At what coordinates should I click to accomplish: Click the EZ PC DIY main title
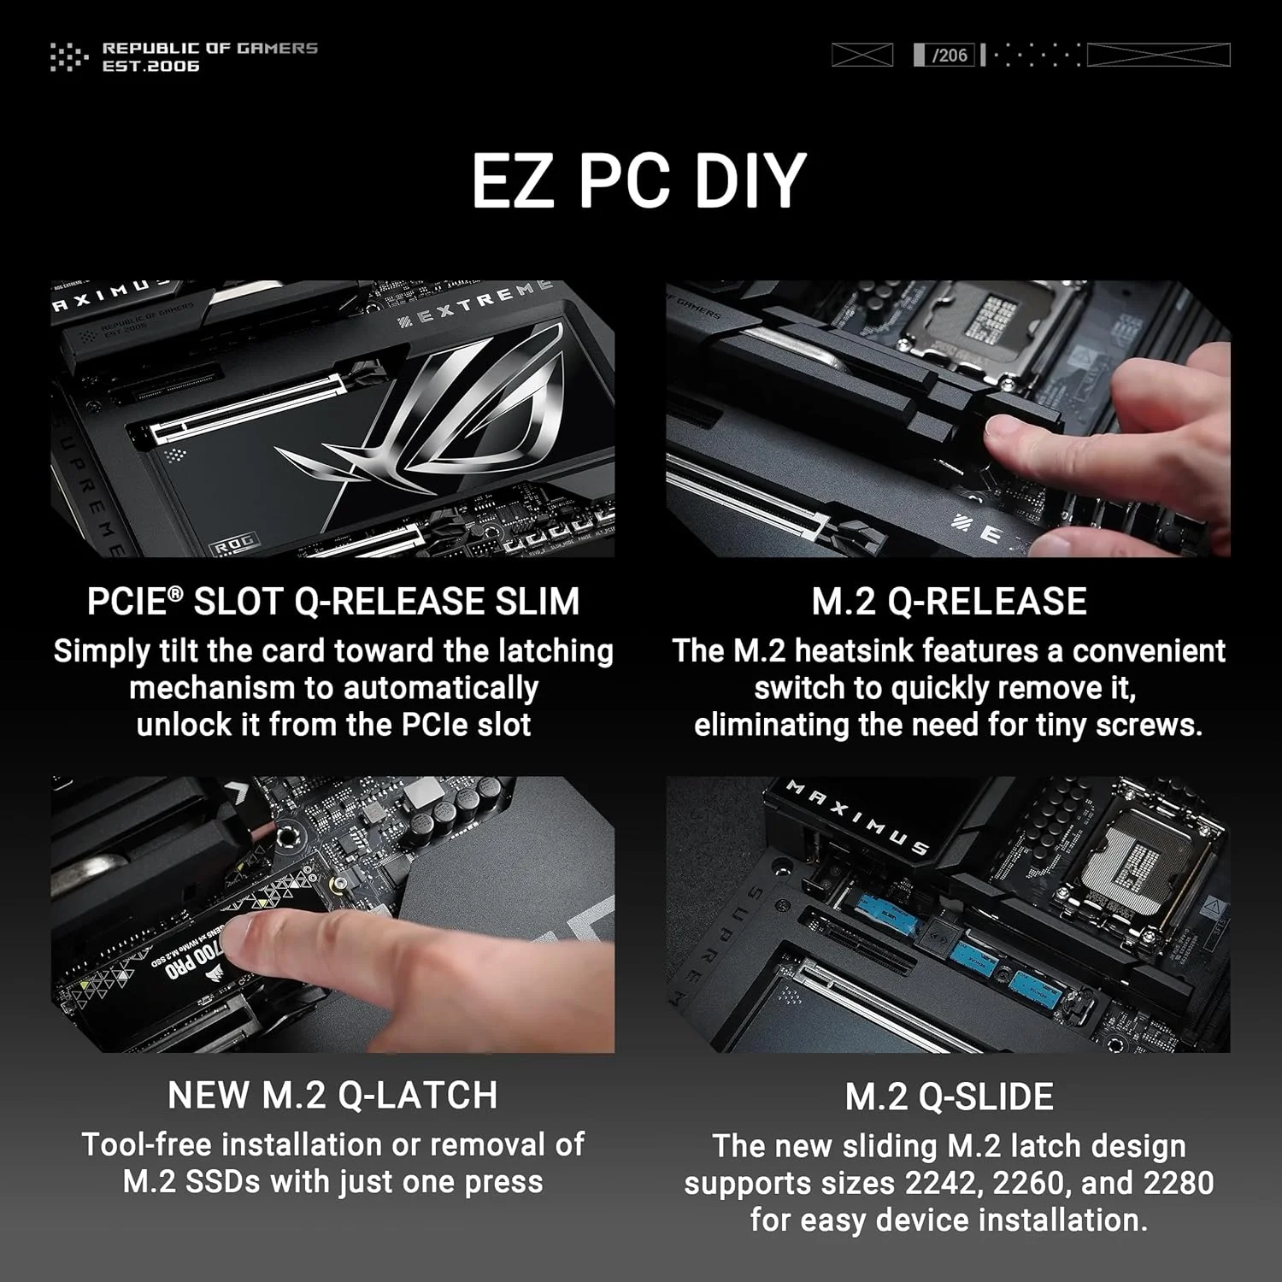[x=639, y=180]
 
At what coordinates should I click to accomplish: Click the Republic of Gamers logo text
[x=209, y=56]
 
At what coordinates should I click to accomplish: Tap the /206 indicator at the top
[x=949, y=56]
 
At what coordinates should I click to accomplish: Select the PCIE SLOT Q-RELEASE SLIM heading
[x=333, y=601]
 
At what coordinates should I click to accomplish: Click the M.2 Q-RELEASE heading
[x=949, y=601]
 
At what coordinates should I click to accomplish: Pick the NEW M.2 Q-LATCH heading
[x=332, y=1095]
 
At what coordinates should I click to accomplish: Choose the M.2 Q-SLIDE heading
[x=949, y=1097]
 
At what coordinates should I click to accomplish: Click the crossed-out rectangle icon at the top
[x=862, y=56]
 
